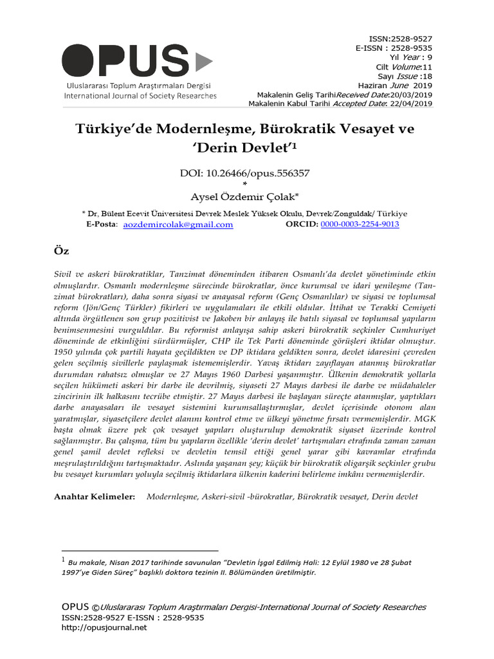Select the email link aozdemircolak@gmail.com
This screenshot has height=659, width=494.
[178, 225]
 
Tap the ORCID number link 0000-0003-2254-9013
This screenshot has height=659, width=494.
[360, 225]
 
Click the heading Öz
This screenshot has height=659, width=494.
[62, 250]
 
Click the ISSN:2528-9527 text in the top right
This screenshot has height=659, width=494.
[400, 39]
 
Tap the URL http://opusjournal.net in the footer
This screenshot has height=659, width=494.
[104, 627]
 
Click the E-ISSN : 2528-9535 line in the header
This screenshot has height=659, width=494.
[394, 48]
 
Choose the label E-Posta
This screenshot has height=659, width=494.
[102, 225]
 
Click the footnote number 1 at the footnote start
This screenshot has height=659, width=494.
[63, 561]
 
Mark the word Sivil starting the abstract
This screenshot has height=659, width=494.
[63, 274]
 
